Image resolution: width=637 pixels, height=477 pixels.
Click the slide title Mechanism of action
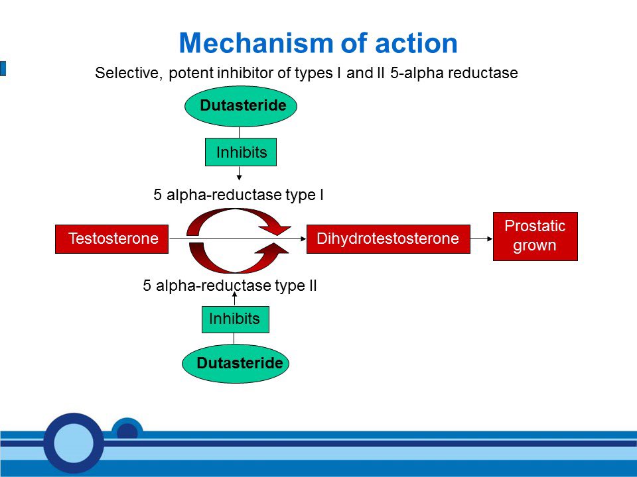coord(318,44)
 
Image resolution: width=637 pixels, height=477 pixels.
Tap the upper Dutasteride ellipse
coord(240,106)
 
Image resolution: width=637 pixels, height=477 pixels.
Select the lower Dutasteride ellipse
coord(236,364)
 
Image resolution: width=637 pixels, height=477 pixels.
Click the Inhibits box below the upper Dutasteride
coord(240,152)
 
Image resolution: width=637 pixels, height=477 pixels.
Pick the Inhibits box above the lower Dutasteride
coord(235,319)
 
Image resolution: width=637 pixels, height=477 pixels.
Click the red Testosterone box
coord(111,238)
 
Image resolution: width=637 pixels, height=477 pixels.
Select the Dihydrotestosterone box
coord(388,238)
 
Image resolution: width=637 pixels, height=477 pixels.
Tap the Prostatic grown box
coord(535,236)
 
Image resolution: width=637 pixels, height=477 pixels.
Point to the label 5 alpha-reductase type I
coord(238,195)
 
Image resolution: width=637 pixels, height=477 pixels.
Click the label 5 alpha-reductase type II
coord(230,286)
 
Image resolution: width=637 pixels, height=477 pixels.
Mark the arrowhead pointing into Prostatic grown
coord(488,238)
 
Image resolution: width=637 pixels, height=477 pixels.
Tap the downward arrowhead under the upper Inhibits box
coord(239,177)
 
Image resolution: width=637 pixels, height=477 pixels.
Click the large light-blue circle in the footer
coord(74,442)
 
